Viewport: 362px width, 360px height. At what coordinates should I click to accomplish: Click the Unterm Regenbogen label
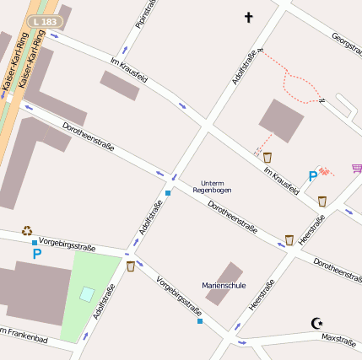[212, 186]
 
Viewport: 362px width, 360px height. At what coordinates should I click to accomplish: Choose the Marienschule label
[224, 285]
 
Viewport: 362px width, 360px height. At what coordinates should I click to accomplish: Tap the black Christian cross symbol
[248, 17]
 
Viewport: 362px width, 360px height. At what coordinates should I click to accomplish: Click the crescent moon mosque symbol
[317, 323]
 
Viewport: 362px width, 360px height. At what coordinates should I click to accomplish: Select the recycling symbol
[27, 229]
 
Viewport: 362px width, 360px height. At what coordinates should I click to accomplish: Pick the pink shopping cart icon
[357, 168]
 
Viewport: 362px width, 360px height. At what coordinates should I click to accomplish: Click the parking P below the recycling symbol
[36, 253]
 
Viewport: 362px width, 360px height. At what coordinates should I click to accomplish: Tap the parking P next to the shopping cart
[313, 176]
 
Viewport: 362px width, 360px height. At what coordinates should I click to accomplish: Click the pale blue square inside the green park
[87, 294]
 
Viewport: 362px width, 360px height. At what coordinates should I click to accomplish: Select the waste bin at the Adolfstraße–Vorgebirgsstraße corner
[131, 266]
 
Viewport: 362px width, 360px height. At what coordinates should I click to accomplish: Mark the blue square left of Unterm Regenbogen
[168, 193]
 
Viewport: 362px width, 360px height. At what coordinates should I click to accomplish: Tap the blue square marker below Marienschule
[200, 321]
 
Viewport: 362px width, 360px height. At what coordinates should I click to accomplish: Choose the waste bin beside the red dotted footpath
[267, 158]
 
